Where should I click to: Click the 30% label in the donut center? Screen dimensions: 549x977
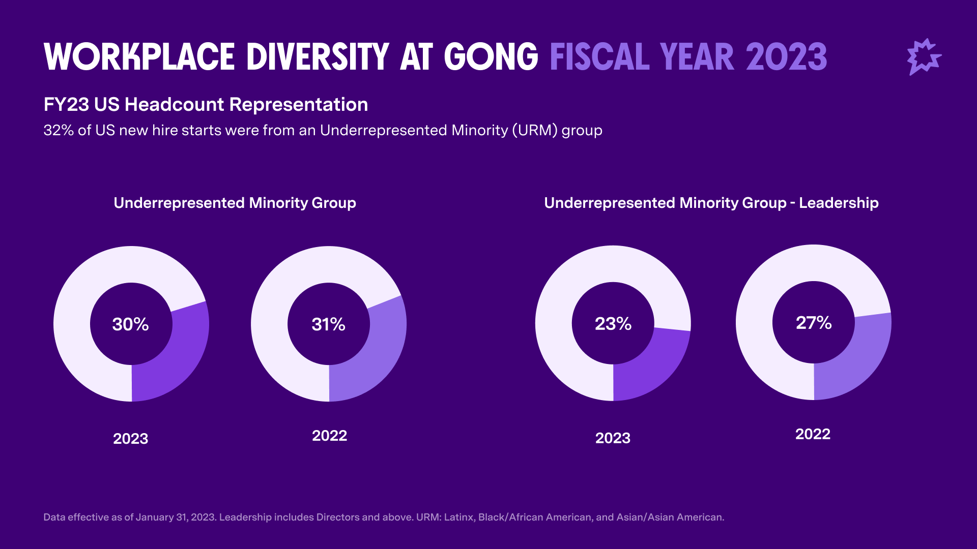point(130,324)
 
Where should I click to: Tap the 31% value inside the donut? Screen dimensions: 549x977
point(328,324)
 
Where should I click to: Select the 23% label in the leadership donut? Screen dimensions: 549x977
point(613,324)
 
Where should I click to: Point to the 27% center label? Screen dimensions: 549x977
point(814,323)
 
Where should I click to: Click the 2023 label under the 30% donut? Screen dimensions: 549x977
point(130,439)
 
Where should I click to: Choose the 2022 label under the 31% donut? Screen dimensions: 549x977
point(329,436)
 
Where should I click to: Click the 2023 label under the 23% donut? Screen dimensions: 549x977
point(613,438)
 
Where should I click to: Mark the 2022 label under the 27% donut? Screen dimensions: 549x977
point(813,434)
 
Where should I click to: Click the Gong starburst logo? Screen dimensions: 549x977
point(924,57)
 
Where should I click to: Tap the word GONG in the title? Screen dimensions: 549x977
point(491,57)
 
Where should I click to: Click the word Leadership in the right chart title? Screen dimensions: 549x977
point(839,203)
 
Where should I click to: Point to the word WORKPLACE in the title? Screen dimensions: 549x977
point(139,57)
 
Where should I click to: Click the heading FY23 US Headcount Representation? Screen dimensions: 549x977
point(206,105)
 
